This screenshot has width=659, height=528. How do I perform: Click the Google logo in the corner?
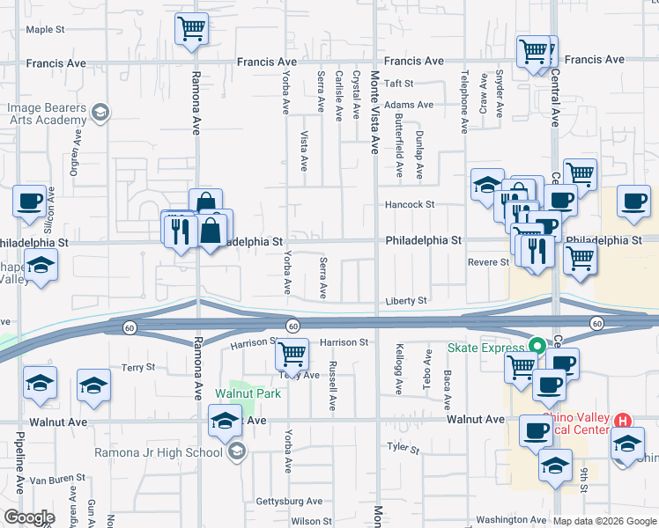pos(29,517)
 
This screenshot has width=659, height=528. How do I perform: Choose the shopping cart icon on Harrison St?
pos(292,354)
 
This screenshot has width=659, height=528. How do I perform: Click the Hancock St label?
pos(410,204)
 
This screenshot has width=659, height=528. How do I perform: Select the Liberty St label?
pos(406,301)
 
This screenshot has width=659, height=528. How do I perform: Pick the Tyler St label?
pos(404,448)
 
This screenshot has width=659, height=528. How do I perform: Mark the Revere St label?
pos(488,262)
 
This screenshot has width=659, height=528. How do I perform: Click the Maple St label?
pos(46,29)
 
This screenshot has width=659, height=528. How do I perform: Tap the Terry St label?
pos(138,367)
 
